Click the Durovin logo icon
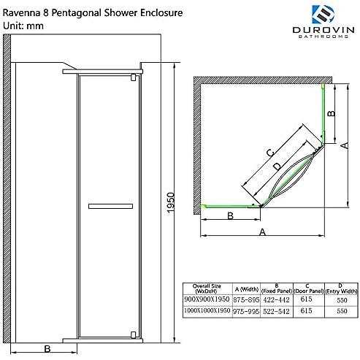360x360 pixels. [x=323, y=14]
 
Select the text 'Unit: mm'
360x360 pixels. [x=23, y=26]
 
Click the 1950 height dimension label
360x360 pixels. [x=171, y=202]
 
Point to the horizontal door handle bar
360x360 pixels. [x=110, y=207]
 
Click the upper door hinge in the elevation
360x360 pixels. [x=134, y=77]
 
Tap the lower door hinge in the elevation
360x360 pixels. [x=134, y=335]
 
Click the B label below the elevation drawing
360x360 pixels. [x=47, y=349]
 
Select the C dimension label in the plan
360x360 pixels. [x=270, y=153]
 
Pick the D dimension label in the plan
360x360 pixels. [x=277, y=166]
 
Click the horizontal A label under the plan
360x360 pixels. [x=262, y=232]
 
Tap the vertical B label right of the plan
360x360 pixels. [x=332, y=113]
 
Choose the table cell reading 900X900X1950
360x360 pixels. [x=207, y=299]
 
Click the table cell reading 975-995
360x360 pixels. [x=246, y=311]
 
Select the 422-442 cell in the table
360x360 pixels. [x=277, y=299]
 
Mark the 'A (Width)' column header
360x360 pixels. [x=247, y=289]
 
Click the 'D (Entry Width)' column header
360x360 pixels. [x=341, y=288]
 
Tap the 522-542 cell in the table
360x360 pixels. [x=277, y=311]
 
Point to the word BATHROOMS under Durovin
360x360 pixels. [x=323, y=37]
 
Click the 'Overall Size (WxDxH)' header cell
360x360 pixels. [x=207, y=288]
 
